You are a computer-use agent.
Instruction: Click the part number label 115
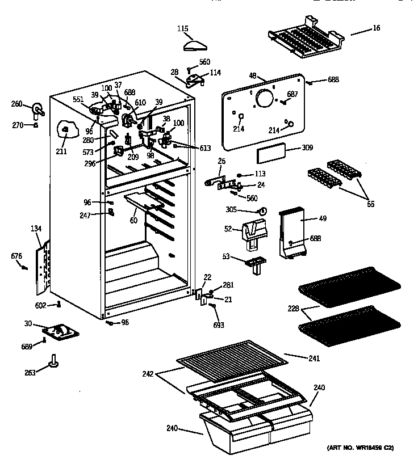pyautogui.click(x=182, y=28)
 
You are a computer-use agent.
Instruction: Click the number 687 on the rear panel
pyautogui.click(x=292, y=94)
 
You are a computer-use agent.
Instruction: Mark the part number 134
pyautogui.click(x=36, y=229)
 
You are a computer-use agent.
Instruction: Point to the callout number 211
pyautogui.click(x=61, y=151)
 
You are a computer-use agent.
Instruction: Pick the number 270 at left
pyautogui.click(x=18, y=125)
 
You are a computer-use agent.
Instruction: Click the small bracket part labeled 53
pyautogui.click(x=257, y=263)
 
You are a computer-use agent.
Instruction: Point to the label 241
pyautogui.click(x=313, y=359)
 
